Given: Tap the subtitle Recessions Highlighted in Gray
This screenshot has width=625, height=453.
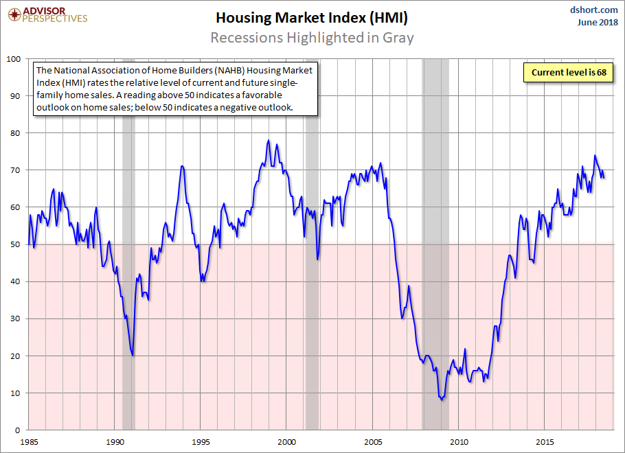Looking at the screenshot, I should (x=312, y=37).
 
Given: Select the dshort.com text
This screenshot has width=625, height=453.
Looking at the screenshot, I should (x=594, y=10).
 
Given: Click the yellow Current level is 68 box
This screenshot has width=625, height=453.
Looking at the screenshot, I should (x=567, y=72).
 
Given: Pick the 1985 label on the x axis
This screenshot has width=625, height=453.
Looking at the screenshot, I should (x=29, y=441).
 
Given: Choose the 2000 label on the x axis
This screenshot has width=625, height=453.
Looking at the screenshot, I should (x=287, y=441).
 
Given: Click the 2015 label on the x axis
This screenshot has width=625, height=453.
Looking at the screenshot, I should (x=545, y=441).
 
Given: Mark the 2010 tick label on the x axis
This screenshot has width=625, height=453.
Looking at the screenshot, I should (x=459, y=441).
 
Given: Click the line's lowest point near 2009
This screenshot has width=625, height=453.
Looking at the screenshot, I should (x=442, y=400).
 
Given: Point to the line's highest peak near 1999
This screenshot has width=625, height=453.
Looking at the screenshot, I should (x=268, y=140).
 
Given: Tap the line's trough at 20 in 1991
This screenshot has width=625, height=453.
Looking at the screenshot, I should (x=133, y=356).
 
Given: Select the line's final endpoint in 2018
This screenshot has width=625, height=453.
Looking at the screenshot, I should (x=604, y=177).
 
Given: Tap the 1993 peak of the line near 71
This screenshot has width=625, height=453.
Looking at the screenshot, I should (x=181, y=166).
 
